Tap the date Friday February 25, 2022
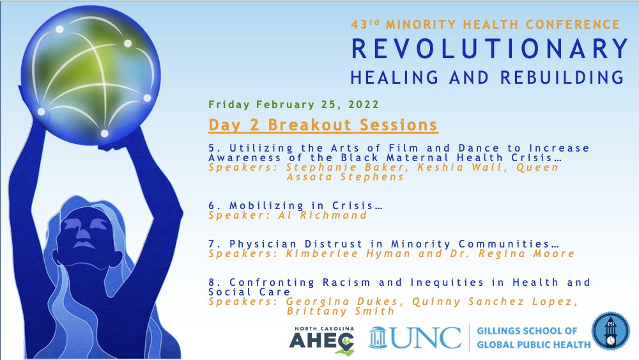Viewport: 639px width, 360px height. pyautogui.click(x=293, y=104)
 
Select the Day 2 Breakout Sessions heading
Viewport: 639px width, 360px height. pyautogui.click(x=323, y=124)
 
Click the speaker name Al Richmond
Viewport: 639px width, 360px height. pyautogui.click(x=326, y=215)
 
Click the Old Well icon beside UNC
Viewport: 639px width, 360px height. pyautogui.click(x=378, y=337)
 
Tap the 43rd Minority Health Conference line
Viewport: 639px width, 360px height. pyautogui.click(x=485, y=24)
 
